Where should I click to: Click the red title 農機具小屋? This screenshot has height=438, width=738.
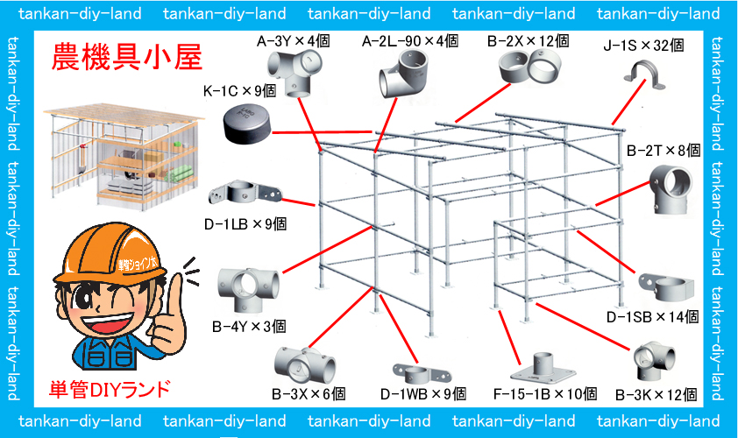[x=126, y=58]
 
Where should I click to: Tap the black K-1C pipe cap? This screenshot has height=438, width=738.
[x=247, y=124]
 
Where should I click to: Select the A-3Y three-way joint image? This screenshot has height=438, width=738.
[x=294, y=73]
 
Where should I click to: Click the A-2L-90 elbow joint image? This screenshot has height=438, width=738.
[x=404, y=74]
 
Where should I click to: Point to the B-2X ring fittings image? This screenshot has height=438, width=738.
[x=530, y=66]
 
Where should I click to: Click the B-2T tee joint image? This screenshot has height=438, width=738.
[x=671, y=188]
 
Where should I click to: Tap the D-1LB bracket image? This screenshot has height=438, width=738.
[x=245, y=193]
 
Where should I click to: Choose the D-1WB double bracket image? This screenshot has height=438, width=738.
[x=422, y=373]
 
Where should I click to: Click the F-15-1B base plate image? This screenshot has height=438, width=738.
[x=543, y=367]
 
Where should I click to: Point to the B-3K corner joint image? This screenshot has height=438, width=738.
[x=654, y=361]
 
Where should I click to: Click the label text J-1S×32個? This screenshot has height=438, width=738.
[x=643, y=46]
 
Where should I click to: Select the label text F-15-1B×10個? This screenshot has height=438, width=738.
[x=545, y=394]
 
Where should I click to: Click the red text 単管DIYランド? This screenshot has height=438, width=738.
[x=110, y=390]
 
